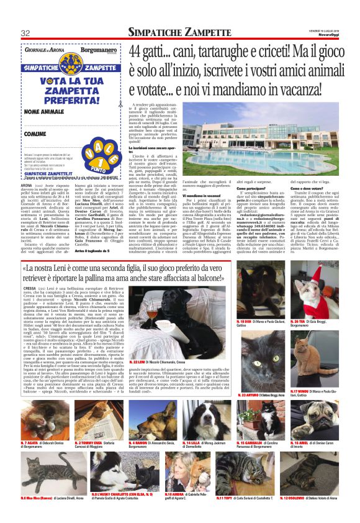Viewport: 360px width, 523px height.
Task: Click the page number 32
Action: click(x=25, y=33)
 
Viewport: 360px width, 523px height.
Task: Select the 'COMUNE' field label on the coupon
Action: click(x=37, y=134)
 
